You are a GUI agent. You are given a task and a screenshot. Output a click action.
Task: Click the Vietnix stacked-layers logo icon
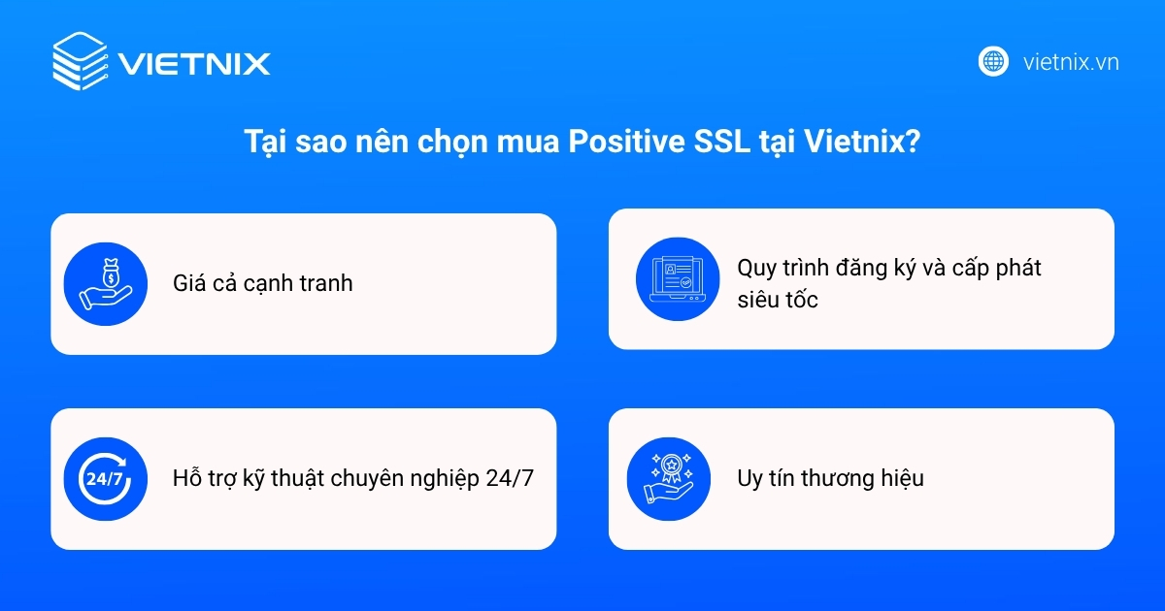[x=80, y=61]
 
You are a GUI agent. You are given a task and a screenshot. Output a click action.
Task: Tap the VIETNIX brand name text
[x=194, y=64]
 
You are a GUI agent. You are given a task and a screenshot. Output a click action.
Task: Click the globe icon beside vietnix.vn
[x=993, y=61]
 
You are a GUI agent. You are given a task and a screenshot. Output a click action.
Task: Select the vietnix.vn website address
[x=1071, y=62]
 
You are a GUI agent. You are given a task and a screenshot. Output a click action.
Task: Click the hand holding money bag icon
[x=104, y=283]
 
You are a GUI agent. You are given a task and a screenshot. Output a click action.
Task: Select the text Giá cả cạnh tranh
[x=262, y=283]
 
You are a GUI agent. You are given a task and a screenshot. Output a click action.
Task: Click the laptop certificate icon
[x=676, y=278]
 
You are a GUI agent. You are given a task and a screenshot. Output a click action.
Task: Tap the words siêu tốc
[x=777, y=300]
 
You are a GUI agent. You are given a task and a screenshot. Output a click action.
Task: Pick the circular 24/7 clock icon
[x=104, y=479]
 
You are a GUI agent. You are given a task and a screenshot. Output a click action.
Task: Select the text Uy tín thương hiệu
[x=830, y=479]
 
